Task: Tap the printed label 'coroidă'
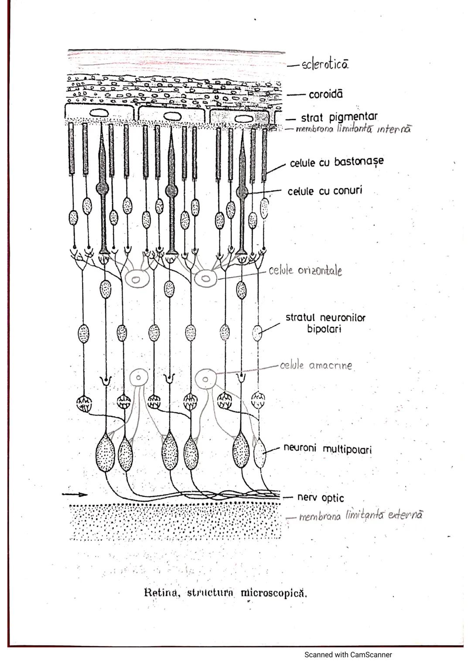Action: click(326, 94)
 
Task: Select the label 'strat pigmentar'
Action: click(339, 117)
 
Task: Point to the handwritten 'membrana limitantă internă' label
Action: click(353, 129)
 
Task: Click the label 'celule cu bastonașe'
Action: click(337, 162)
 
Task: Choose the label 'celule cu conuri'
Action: click(325, 191)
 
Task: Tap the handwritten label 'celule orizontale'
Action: click(305, 271)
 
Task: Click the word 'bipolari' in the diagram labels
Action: click(324, 329)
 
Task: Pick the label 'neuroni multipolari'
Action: click(328, 449)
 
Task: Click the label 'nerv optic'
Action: click(321, 498)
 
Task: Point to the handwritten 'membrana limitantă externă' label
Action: click(360, 516)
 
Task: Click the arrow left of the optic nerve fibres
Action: click(75, 494)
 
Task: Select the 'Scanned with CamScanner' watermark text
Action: click(348, 654)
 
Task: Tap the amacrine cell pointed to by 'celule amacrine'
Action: click(205, 378)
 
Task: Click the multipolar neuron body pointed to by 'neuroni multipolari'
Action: click(260, 454)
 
